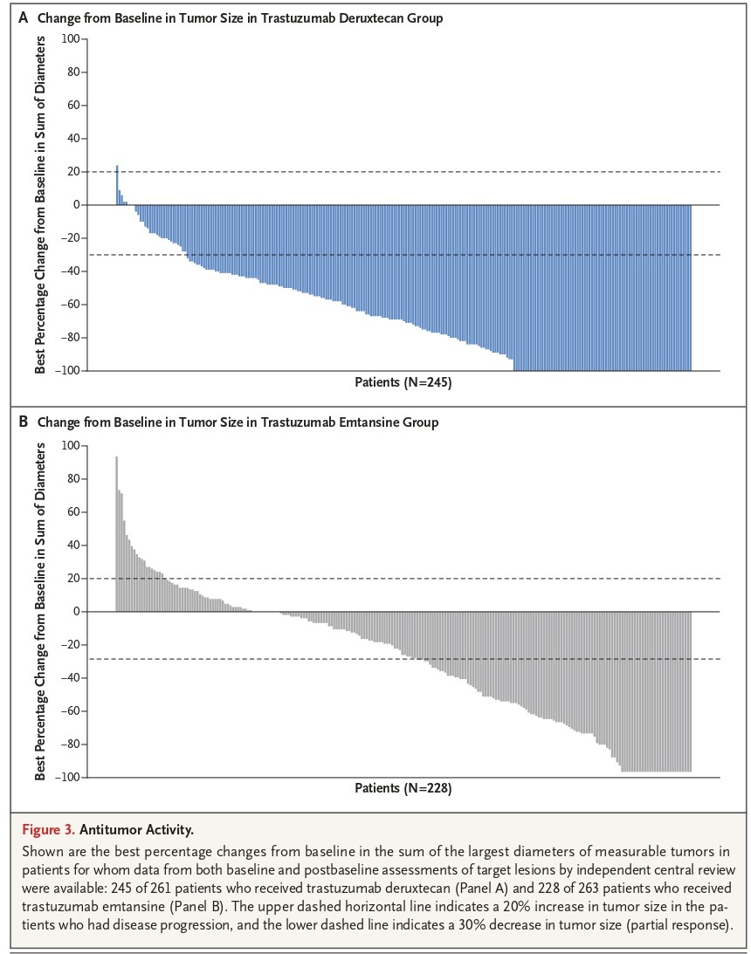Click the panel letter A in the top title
[24, 17]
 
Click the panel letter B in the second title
[24, 422]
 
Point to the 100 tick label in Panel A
[70, 39]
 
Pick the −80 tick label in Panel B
[67, 745]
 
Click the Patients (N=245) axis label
[403, 382]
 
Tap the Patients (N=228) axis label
[403, 788]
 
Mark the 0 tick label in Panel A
[76, 205]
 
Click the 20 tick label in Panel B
[72, 579]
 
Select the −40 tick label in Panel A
[67, 271]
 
